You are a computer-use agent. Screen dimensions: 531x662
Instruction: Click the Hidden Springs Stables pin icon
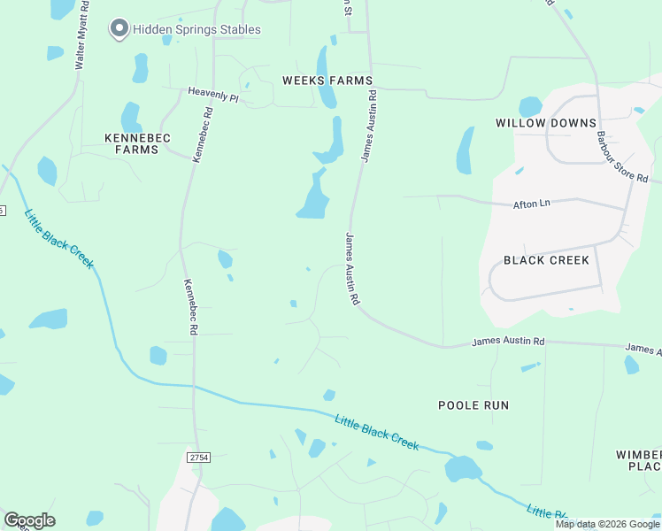tap(119, 29)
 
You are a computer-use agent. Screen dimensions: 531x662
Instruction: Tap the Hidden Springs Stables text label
tap(196, 29)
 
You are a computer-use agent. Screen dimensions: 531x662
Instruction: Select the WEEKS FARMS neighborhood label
tap(327, 81)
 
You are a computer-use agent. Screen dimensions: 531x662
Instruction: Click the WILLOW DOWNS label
tap(545, 123)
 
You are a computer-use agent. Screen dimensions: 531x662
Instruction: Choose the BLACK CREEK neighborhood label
tap(546, 259)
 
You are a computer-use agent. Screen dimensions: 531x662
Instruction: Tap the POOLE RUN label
tap(473, 404)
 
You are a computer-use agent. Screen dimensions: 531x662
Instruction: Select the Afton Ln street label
tap(532, 204)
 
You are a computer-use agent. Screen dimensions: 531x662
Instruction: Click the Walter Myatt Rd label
tap(81, 35)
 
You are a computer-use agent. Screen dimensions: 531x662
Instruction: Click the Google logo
tap(29, 520)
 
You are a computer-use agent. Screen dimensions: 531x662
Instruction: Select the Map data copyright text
tap(608, 524)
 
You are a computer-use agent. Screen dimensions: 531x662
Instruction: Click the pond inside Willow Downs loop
tap(530, 107)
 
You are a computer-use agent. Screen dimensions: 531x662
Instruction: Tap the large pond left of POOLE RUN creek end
tap(463, 468)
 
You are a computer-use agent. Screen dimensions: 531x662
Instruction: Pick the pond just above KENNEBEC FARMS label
tap(131, 117)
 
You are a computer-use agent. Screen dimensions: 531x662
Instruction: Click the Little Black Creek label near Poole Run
tap(376, 431)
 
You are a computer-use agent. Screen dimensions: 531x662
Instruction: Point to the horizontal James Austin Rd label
tap(508, 341)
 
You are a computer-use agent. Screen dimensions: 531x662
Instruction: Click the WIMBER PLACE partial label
tap(639, 460)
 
